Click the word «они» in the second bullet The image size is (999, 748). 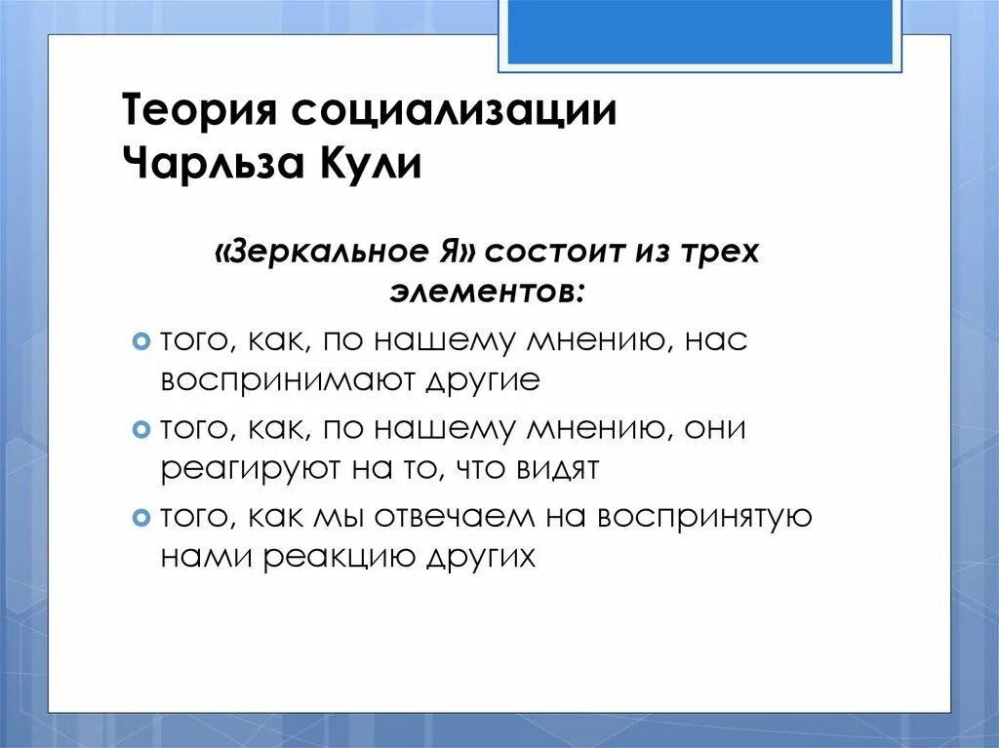pyautogui.click(x=723, y=428)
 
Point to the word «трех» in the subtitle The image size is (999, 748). pyautogui.click(x=718, y=253)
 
